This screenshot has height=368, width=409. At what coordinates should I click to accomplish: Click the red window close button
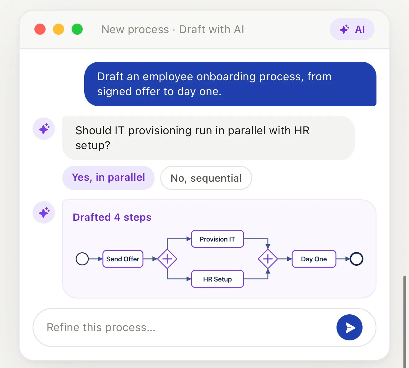coord(40,29)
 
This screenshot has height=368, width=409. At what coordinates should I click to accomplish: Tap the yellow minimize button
coord(59,29)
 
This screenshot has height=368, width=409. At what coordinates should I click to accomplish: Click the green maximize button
coord(77,29)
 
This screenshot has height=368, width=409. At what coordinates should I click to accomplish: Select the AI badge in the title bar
coord(352,29)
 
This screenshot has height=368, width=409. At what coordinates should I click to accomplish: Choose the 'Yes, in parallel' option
coord(108,178)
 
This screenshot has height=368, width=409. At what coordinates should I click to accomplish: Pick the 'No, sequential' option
coord(206,178)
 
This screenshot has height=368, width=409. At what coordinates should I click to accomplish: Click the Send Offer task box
coord(123,259)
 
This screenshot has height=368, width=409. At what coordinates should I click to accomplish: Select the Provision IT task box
coord(217,239)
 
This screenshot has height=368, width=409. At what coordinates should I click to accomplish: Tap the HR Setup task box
coord(217,279)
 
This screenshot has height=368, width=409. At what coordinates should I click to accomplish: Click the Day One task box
coord(314,259)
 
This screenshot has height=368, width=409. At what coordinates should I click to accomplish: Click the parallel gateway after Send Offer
coord(167,259)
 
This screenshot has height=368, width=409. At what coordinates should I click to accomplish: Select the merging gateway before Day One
coord(268,259)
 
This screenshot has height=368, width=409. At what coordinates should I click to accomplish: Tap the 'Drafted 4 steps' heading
coord(112,217)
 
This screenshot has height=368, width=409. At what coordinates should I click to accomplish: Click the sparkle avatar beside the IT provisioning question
coord(44,129)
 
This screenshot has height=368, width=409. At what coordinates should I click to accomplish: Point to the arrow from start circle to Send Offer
coord(96,259)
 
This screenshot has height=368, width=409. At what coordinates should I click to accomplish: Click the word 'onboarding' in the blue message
coord(226,77)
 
